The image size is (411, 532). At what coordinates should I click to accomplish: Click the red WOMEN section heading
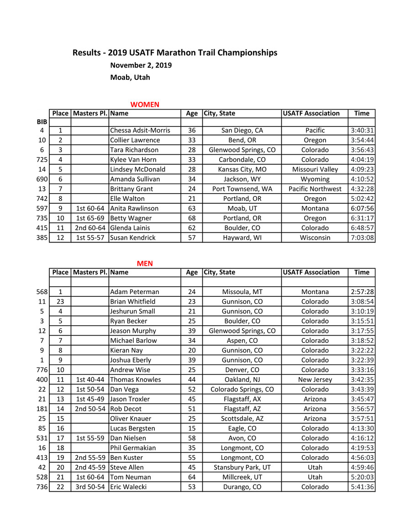[145, 105]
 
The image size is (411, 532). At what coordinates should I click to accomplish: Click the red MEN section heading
[145, 263]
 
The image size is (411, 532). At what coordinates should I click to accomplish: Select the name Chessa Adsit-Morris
[140, 131]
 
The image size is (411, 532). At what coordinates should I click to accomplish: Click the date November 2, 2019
[141, 65]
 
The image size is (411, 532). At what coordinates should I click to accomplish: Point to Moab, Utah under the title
[130, 77]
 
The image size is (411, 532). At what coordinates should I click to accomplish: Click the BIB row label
[42, 122]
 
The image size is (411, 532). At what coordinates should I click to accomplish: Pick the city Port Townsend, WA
[242, 189]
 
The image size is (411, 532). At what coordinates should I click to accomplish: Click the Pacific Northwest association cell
[315, 189]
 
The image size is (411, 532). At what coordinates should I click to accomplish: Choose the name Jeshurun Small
[132, 311]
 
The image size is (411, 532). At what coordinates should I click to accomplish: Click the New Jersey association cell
[315, 379]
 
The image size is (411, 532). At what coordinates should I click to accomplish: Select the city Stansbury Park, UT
[242, 468]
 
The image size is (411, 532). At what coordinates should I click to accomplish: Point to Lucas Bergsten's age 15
[192, 428]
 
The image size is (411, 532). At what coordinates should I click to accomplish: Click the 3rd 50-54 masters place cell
[90, 487]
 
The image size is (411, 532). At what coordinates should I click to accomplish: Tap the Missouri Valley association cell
[315, 169]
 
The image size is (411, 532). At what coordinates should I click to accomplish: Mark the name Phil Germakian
[133, 448]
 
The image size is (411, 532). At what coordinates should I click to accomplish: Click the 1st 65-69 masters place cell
[90, 218]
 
